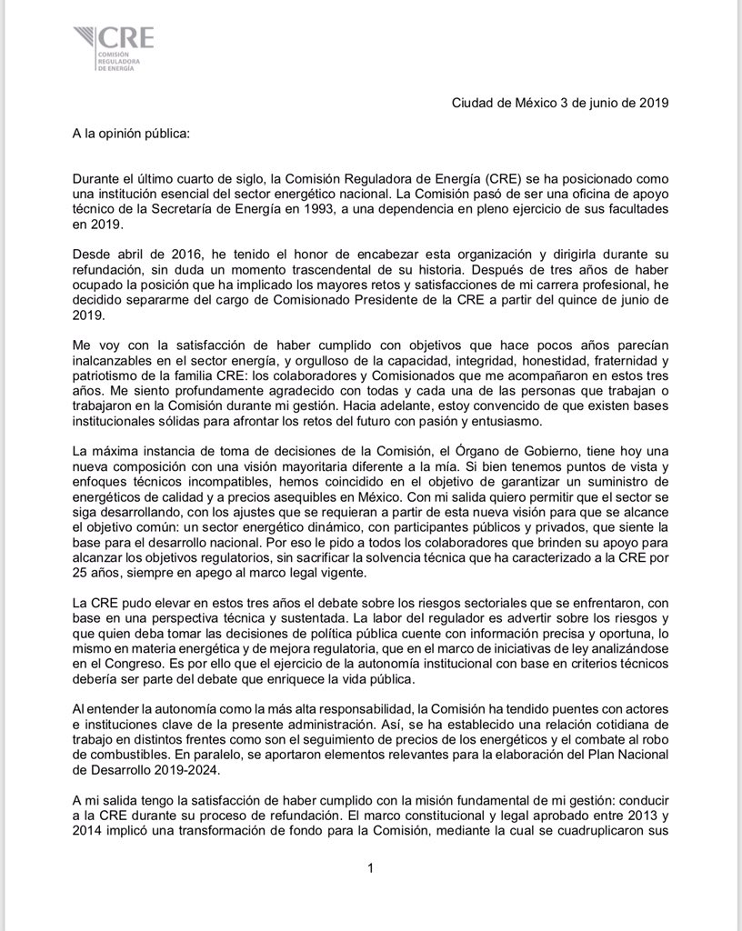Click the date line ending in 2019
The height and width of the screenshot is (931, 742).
point(560,103)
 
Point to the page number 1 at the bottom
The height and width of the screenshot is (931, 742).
point(371,869)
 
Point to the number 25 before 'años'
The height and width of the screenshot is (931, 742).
point(80,572)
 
